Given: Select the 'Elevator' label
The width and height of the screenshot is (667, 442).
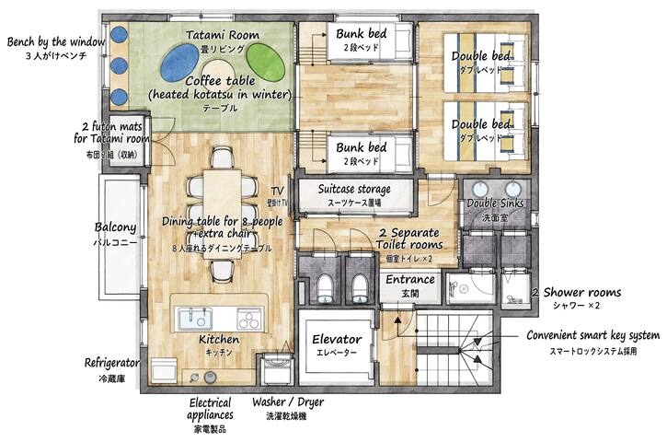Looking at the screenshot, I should coord(336,340).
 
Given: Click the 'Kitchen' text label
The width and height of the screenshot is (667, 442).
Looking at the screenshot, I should coord(219,341).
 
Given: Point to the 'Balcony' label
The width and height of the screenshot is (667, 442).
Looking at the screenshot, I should coord(116,227).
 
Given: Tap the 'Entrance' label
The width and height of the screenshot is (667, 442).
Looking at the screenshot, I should coord(409,280).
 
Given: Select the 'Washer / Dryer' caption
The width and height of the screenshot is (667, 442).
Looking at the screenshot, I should coord(287,403).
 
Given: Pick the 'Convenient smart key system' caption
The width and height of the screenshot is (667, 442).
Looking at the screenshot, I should coord(591,335).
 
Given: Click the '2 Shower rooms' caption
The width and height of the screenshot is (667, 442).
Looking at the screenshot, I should coord(576,292).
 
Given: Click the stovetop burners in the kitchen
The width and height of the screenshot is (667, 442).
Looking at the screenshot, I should coord(249,320).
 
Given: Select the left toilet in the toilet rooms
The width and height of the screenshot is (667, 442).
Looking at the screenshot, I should coord(324,286).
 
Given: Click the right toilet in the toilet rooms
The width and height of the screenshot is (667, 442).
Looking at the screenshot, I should coord(360,286).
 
